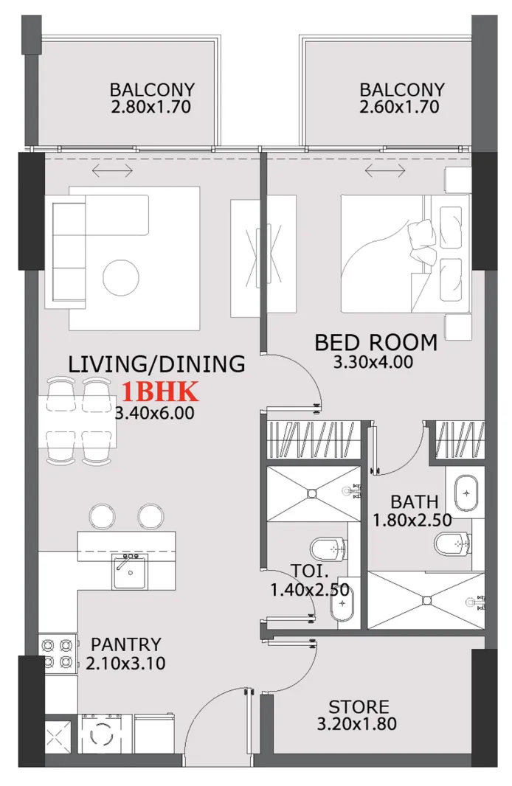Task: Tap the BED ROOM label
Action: tap(376, 342)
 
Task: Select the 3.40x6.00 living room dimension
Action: tap(156, 413)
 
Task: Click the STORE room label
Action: tap(359, 707)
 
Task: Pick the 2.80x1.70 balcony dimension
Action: tap(152, 107)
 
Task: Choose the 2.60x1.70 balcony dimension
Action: tap(401, 107)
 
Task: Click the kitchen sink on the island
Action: tap(130, 571)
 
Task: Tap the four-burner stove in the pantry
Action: tap(58, 652)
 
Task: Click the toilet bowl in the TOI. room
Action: tap(327, 549)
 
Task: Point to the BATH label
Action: tap(414, 502)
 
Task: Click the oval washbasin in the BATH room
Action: tap(466, 493)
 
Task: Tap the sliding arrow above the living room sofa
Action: tap(112, 171)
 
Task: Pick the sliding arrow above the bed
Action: tap(385, 171)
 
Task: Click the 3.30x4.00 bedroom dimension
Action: tap(373, 362)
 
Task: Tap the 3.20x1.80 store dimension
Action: tap(356, 724)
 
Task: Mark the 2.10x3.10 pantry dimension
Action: tap(125, 663)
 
